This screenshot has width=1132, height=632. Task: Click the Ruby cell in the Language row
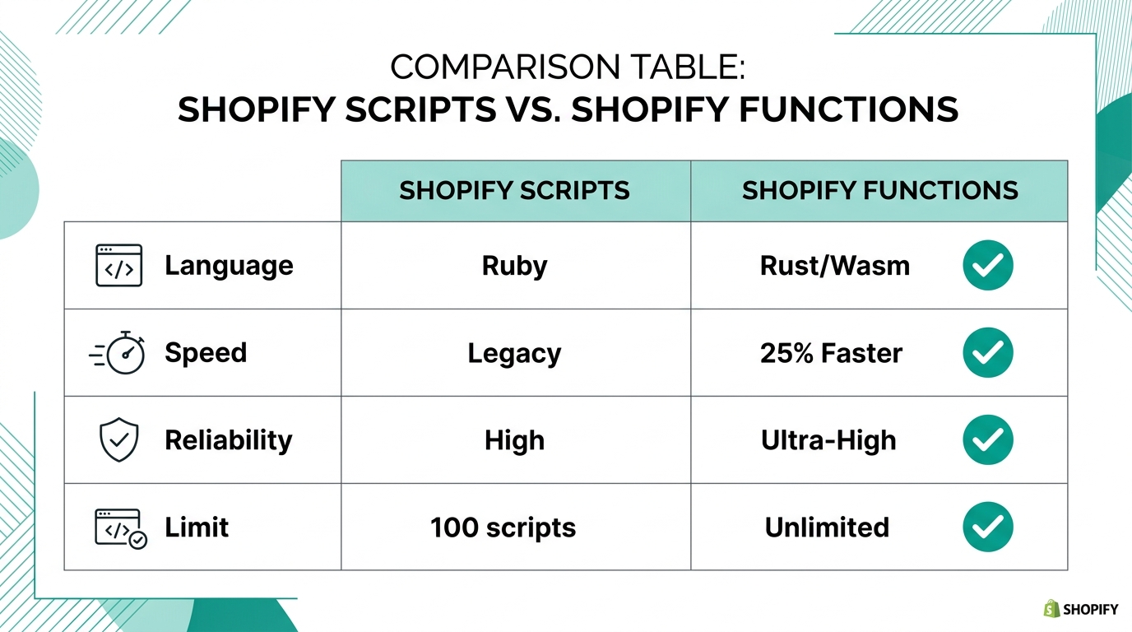pyautogui.click(x=514, y=266)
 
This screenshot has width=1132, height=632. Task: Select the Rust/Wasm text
pyautogui.click(x=834, y=266)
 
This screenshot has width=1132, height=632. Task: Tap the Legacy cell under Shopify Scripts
pyautogui.click(x=514, y=354)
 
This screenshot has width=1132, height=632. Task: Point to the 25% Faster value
pyautogui.click(x=831, y=354)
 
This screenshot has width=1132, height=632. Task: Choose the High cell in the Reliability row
pyautogui.click(x=514, y=440)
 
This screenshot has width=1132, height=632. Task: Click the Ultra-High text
pyautogui.click(x=828, y=440)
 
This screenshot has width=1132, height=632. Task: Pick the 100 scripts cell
pyautogui.click(x=503, y=527)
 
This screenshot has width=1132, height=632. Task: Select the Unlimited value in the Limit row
pyautogui.click(x=827, y=527)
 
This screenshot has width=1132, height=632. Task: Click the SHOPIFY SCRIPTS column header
pyautogui.click(x=514, y=191)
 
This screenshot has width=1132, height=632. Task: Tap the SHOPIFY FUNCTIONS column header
pyautogui.click(x=879, y=191)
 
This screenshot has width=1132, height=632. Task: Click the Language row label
pyautogui.click(x=229, y=266)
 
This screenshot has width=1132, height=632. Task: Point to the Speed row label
pyautogui.click(x=206, y=353)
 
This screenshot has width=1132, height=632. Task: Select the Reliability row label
pyautogui.click(x=229, y=440)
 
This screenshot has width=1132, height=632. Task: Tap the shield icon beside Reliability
pyautogui.click(x=118, y=440)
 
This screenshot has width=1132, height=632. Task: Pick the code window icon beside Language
pyautogui.click(x=118, y=265)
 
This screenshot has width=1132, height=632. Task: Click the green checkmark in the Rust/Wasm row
pyautogui.click(x=987, y=265)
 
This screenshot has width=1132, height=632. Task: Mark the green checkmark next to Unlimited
pyautogui.click(x=987, y=527)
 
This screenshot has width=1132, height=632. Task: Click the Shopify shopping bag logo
pyautogui.click(x=1051, y=609)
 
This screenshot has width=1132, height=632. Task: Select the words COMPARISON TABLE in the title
pyautogui.click(x=567, y=67)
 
